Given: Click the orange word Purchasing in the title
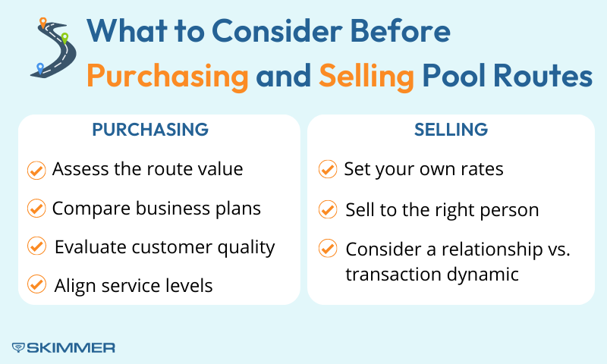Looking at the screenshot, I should [x=167, y=76].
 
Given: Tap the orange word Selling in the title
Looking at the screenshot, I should [x=366, y=76].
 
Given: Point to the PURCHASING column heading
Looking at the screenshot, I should [x=150, y=130].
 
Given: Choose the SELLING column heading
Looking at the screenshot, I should [x=451, y=130].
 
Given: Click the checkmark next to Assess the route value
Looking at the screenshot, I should [x=36, y=170].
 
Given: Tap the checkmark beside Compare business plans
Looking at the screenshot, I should [x=36, y=208].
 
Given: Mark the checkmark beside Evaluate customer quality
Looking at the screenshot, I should [x=36, y=246].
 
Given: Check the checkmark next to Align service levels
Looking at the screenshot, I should [x=36, y=285].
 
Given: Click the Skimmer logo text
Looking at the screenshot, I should [x=64, y=347].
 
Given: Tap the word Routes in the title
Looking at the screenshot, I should [x=544, y=76].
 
